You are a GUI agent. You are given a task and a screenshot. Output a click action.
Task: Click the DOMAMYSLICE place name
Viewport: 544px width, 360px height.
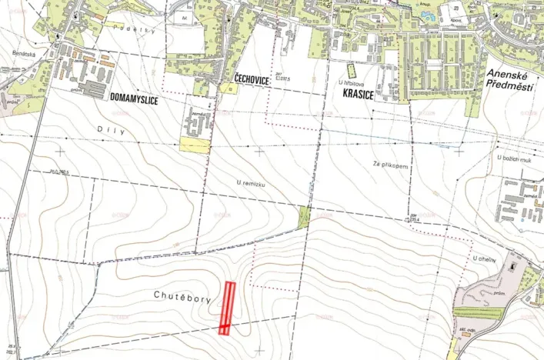pyautogui.click(x=140, y=98)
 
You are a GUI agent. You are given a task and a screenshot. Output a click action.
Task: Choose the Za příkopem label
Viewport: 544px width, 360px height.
pyautogui.click(x=389, y=165)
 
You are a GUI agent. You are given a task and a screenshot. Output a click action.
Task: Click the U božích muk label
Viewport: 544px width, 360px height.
pyautogui.click(x=515, y=158)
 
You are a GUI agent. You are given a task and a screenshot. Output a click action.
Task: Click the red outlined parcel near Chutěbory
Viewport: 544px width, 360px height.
pyautogui.click(x=228, y=307)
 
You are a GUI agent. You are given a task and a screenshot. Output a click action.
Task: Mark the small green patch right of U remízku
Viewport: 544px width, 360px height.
pyautogui.click(x=304, y=218)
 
